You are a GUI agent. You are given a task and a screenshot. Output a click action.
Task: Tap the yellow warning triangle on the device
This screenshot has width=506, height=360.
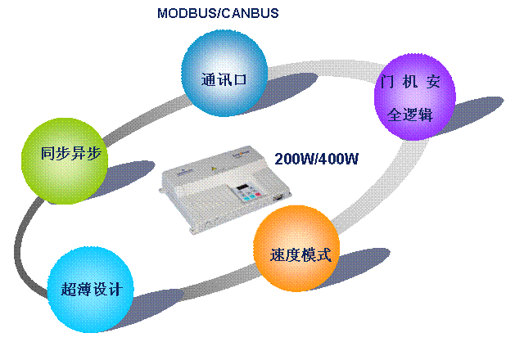pyautogui.click(x=213, y=169)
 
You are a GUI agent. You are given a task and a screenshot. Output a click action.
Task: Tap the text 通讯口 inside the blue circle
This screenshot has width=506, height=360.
pyautogui.click(x=224, y=79)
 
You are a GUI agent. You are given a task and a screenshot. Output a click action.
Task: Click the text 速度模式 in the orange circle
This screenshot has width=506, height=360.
pyautogui.click(x=300, y=254)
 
